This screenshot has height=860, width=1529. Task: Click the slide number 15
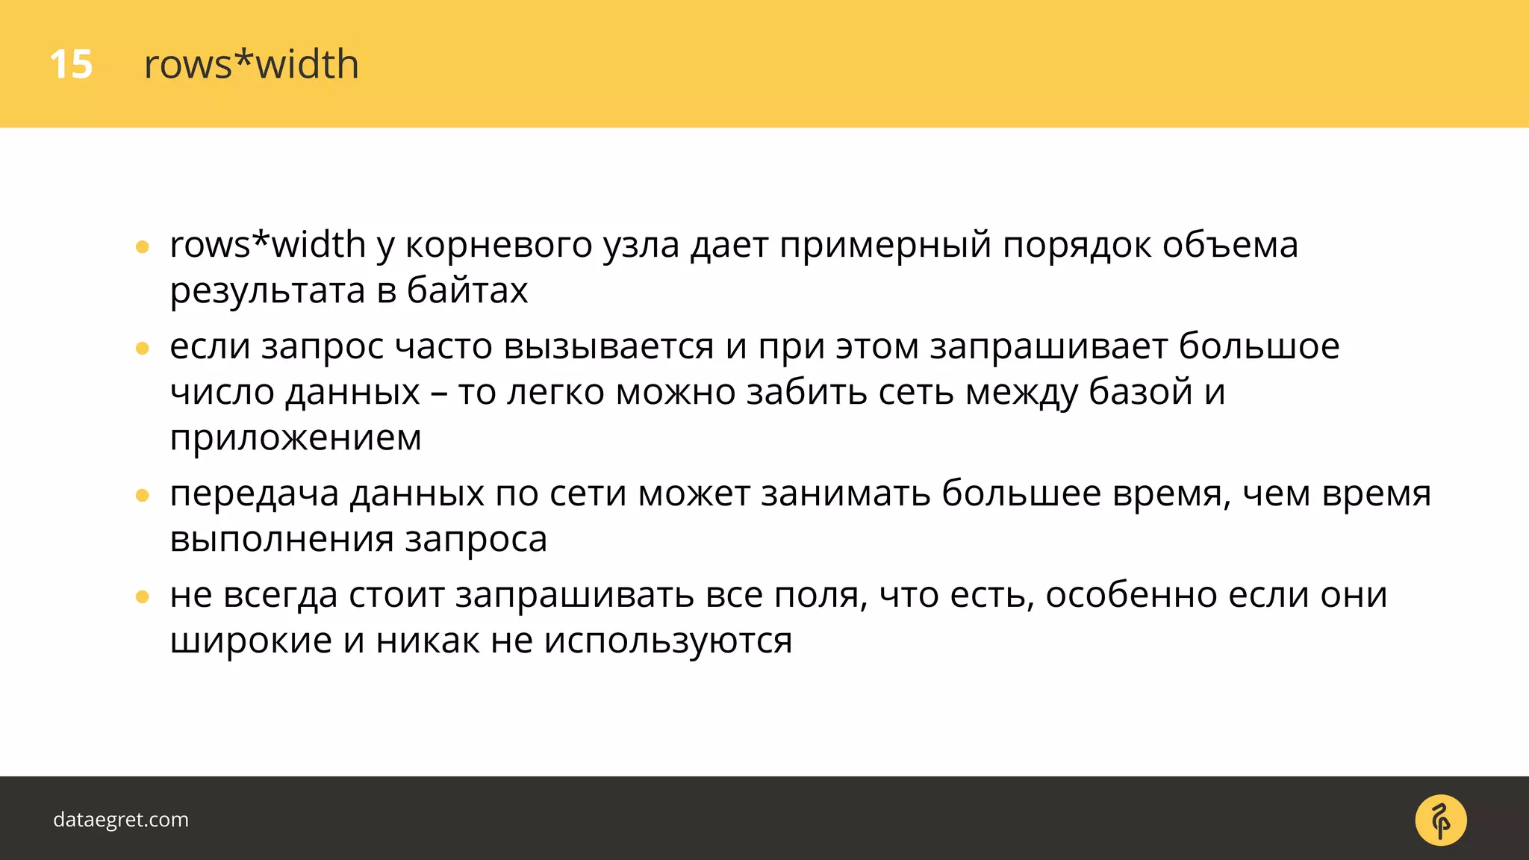pos(71,64)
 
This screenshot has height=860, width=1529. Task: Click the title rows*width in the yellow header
pos(251,64)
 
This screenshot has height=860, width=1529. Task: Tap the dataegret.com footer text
pos(121,820)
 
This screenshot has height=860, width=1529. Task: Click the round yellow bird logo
pos(1440,820)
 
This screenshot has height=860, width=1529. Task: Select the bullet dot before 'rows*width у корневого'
pos(143,247)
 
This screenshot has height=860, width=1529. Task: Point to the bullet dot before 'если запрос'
pos(143,348)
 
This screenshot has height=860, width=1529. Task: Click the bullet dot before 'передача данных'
pos(143,495)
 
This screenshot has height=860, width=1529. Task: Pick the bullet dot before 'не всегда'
pos(143,596)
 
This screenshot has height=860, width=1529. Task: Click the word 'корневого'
pos(498,246)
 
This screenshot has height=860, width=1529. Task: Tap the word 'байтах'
pos(467,291)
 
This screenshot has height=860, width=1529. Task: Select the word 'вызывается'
pos(608,347)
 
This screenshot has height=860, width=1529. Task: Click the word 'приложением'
pos(296,438)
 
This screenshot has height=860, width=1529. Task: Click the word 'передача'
pos(254,494)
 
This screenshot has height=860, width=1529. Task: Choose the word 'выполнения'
pos(281,540)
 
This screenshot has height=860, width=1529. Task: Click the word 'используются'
pos(667,641)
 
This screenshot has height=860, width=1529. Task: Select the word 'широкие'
pos(251,641)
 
